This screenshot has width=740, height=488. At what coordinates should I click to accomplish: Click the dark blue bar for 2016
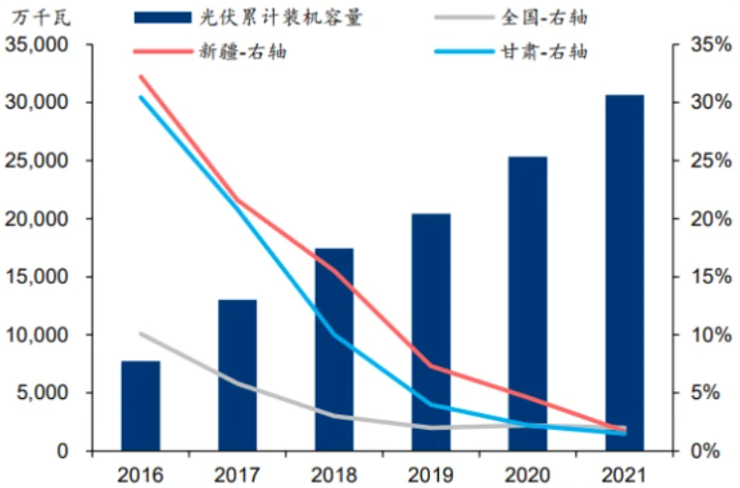[140, 406]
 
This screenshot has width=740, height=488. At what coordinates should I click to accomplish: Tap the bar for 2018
[334, 350]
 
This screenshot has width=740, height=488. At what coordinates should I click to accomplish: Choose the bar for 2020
[528, 304]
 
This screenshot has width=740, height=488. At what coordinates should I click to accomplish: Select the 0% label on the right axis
[707, 451]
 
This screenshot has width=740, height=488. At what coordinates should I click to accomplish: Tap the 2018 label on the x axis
[334, 473]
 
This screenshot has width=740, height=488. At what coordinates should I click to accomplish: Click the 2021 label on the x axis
[625, 473]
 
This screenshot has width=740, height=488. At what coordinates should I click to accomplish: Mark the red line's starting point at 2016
[140, 76]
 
